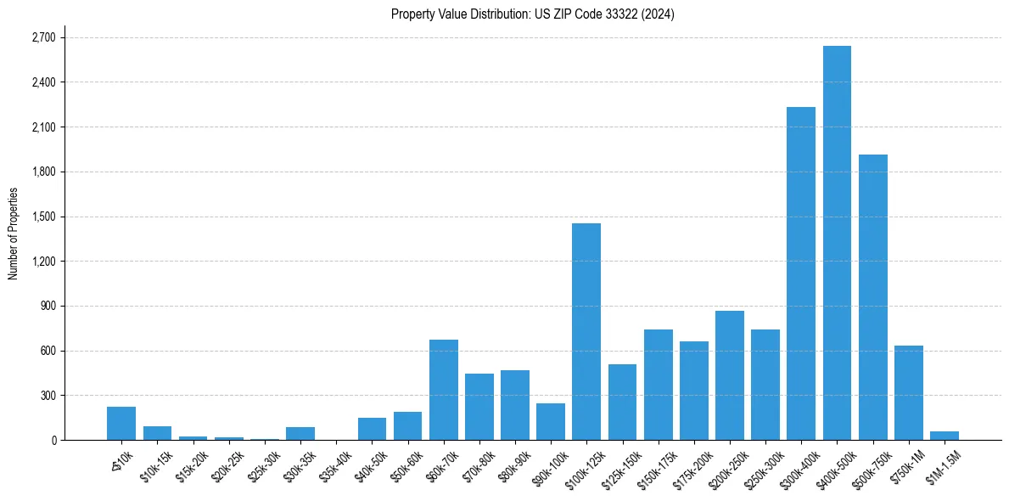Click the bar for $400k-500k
coord(837,243)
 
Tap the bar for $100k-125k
coord(586,331)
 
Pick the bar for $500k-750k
coord(872,297)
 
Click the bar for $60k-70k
coord(444,390)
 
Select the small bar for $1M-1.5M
coord(944,436)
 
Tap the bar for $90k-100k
coord(551,421)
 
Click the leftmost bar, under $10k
coord(121,423)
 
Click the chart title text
coord(533,14)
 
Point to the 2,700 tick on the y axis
coord(42,38)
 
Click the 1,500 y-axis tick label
coord(42,217)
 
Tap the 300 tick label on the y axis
coord(48,396)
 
